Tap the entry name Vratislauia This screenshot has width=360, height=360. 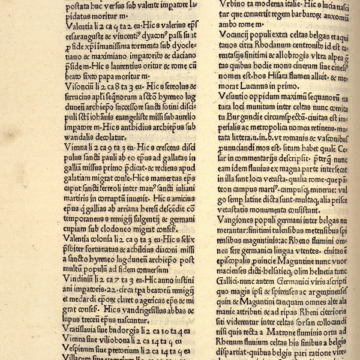coord(86,330)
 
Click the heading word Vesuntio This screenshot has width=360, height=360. coord(231,96)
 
